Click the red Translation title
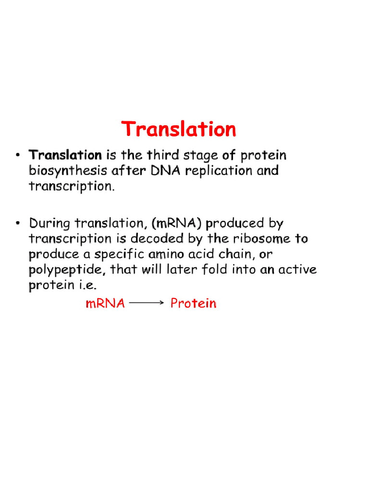[179, 130]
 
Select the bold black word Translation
[65, 155]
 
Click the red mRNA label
[105, 304]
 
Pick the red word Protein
[194, 304]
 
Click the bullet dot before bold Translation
[18, 156]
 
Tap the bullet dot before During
[18, 223]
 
